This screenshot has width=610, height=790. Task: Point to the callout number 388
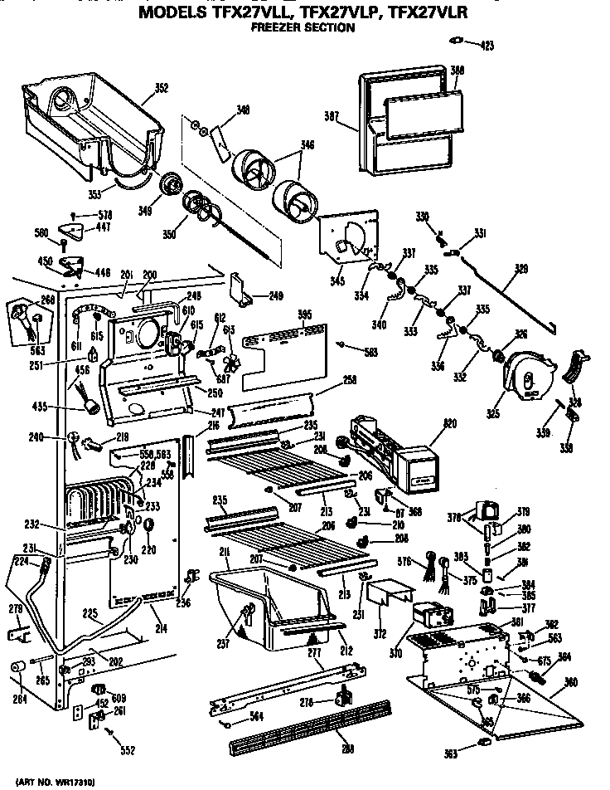457,69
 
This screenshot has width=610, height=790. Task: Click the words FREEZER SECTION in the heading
303,27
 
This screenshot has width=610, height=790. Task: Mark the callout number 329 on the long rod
521,270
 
